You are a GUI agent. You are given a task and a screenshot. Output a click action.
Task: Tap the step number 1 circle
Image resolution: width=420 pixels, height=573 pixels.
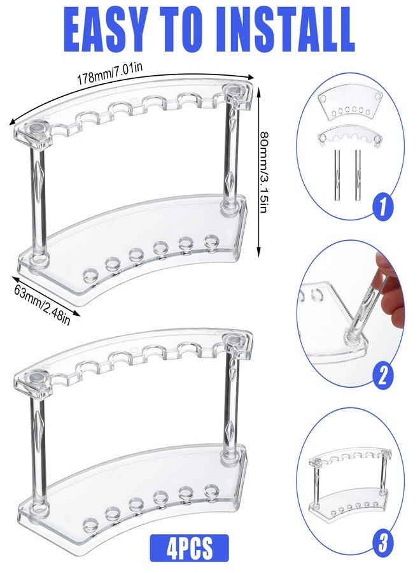pyautogui.click(x=382, y=207)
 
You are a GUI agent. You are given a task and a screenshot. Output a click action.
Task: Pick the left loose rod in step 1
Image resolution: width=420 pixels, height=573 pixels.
pyautogui.click(x=336, y=176)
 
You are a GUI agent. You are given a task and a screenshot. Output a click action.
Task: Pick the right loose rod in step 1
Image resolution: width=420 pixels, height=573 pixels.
pyautogui.click(x=358, y=176)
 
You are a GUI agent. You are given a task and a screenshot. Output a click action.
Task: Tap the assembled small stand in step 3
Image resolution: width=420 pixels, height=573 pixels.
pyautogui.click(x=350, y=482)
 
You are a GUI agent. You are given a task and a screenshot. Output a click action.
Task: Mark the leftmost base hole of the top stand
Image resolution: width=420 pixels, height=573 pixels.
pyautogui.click(x=90, y=274)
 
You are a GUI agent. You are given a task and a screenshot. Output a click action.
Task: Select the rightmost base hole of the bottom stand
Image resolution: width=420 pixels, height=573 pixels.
pyautogui.click(x=211, y=490)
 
